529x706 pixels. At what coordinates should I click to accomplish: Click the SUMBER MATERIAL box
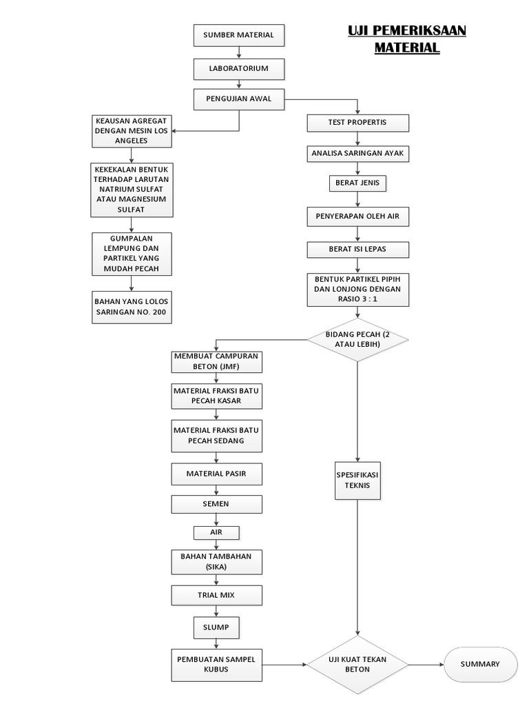[238, 35]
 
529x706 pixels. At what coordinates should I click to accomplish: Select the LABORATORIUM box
[238, 69]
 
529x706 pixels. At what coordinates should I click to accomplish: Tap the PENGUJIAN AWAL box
[238, 99]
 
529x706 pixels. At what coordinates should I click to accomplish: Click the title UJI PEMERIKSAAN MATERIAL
[406, 39]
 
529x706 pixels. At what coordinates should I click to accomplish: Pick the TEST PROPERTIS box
[357, 123]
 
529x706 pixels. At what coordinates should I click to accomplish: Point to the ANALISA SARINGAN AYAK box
[357, 153]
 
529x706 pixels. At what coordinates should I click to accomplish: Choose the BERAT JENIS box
[357, 183]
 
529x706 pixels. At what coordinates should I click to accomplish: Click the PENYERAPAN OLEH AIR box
[357, 216]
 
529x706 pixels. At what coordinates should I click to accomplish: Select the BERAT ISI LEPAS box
[357, 249]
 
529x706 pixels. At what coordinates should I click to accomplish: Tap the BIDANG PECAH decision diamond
[357, 339]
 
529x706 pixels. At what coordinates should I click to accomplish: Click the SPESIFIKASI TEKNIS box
[357, 480]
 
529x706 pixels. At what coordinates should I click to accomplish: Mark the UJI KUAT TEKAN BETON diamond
[357, 665]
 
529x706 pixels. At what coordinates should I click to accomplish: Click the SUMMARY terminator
[481, 665]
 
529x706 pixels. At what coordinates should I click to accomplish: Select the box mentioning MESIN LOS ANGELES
[132, 131]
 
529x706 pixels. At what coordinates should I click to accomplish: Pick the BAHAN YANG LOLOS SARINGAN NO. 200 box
[132, 307]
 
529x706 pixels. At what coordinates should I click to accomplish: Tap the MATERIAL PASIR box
[216, 474]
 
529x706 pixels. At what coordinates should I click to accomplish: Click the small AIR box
[216, 533]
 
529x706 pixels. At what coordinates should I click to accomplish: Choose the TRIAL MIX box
[216, 595]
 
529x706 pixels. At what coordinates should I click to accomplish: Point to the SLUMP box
[216, 628]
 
